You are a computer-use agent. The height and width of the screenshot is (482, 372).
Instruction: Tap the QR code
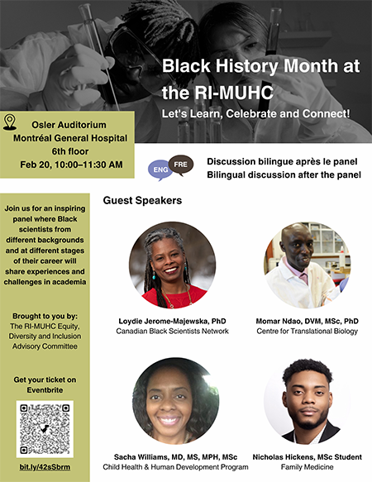pyautogui.click(x=45, y=429)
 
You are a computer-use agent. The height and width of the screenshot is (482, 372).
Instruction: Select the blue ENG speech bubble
pyautogui.click(x=160, y=171)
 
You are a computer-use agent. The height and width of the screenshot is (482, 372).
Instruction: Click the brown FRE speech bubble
pyautogui.click(x=181, y=164)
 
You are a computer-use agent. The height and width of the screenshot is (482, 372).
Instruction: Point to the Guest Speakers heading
pyautogui.click(x=142, y=200)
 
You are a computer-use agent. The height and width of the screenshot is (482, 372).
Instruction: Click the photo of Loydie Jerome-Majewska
pyautogui.click(x=173, y=265)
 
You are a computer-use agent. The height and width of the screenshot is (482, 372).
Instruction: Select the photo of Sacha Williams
pyautogui.click(x=173, y=400)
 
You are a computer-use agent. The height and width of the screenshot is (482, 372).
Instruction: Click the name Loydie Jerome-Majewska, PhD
pyautogui.click(x=173, y=320)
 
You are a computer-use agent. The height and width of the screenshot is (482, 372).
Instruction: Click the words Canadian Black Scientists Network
pyautogui.click(x=173, y=332)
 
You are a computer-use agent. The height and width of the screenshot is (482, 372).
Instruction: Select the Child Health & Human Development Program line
pyautogui.click(x=173, y=467)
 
